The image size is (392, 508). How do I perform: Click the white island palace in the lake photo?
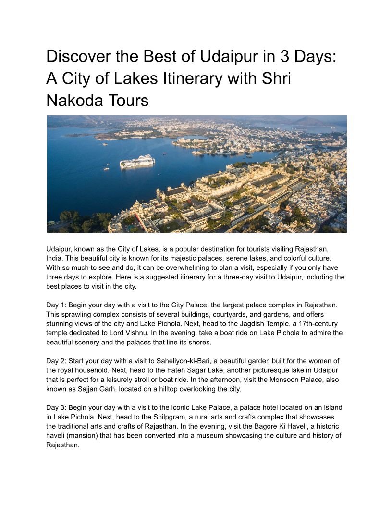pyautogui.click(x=137, y=162)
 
